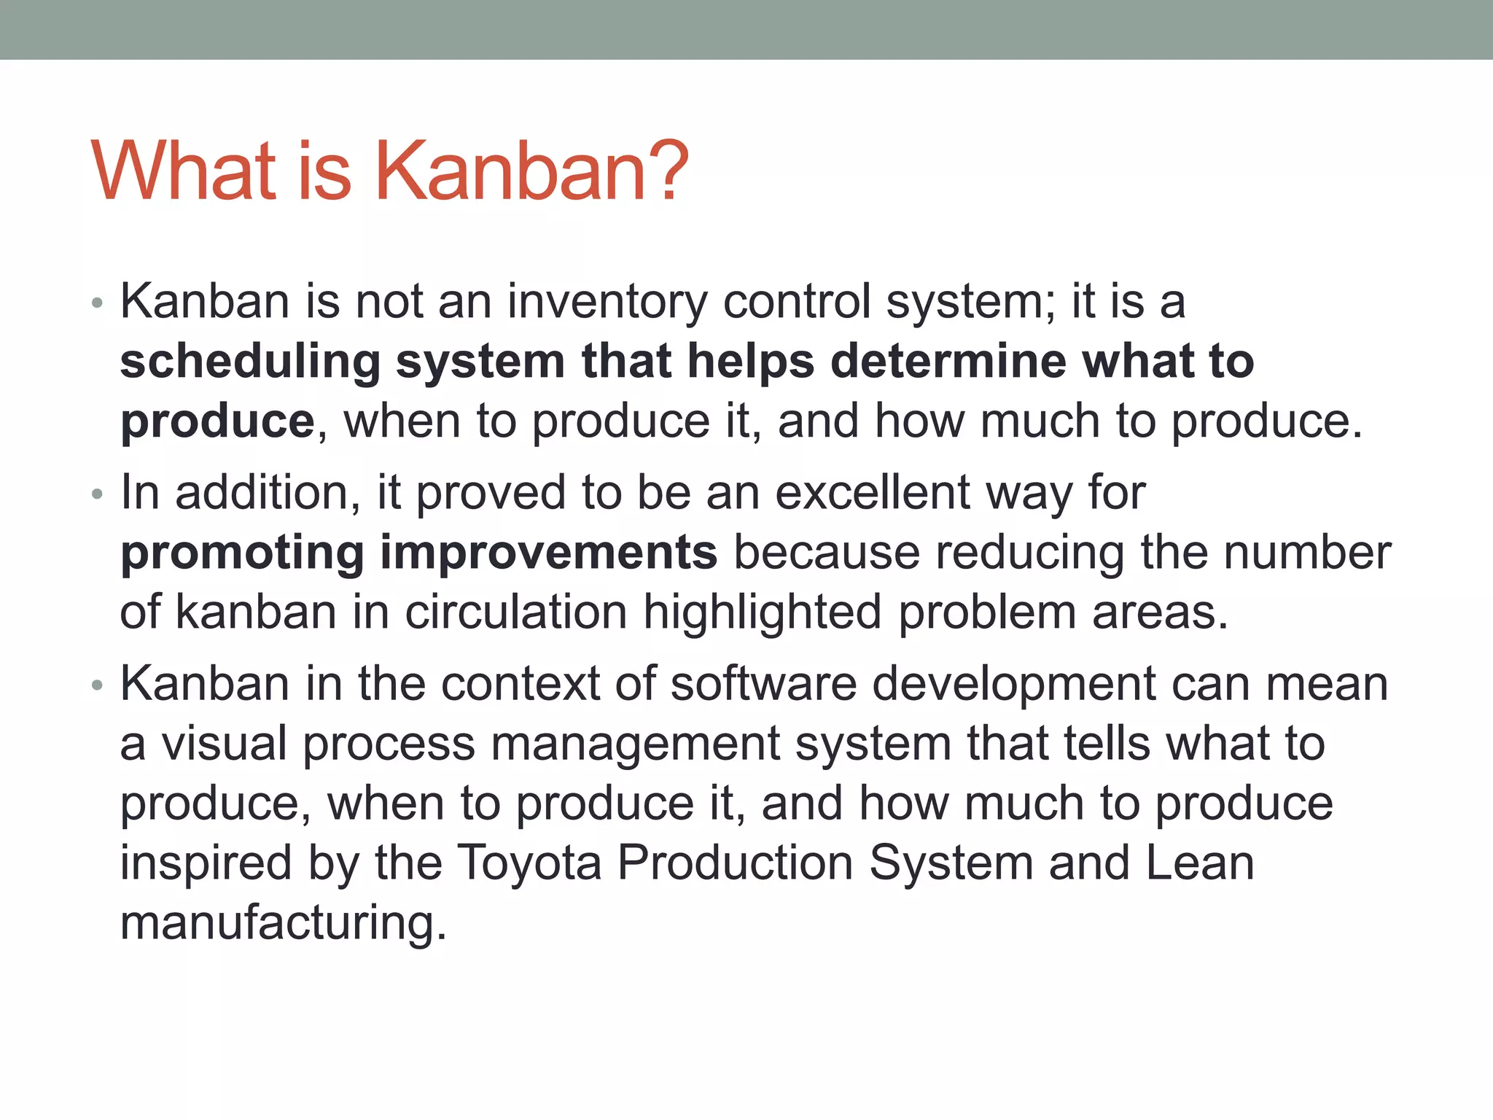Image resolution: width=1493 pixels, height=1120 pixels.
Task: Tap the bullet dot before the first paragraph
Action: click(x=98, y=303)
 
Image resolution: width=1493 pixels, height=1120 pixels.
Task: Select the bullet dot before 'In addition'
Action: click(x=98, y=495)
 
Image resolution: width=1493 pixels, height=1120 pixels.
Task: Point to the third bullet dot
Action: click(x=98, y=685)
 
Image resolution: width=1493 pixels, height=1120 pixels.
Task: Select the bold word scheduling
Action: click(x=250, y=362)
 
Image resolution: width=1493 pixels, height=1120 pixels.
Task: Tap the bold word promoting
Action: click(x=242, y=553)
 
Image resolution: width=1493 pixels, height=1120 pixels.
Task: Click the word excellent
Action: click(x=872, y=492)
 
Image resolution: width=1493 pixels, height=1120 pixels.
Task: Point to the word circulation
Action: click(x=515, y=612)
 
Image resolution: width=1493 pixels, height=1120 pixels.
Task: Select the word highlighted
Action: click(x=762, y=612)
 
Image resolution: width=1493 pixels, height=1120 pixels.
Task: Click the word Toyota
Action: click(x=529, y=864)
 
